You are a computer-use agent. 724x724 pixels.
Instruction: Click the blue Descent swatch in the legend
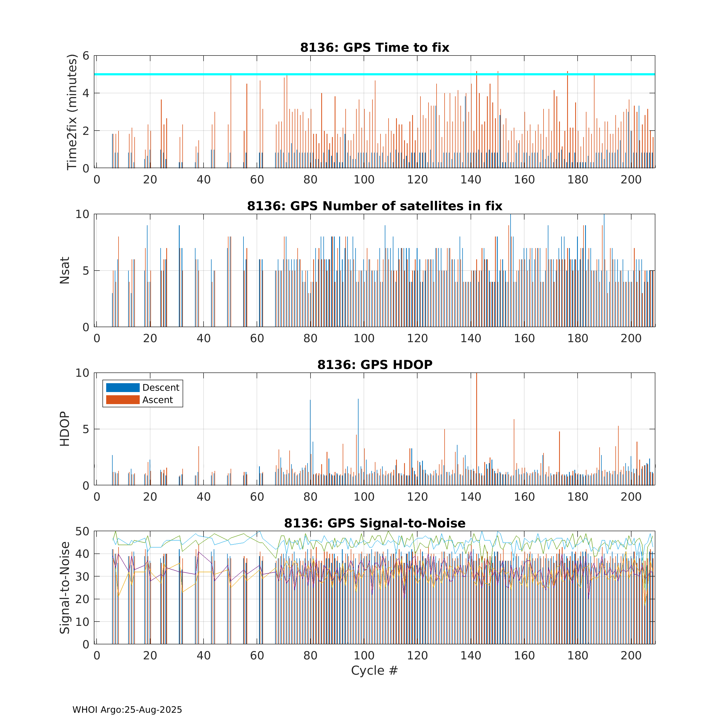(x=123, y=387)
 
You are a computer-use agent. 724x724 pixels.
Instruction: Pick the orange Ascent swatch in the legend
(x=123, y=400)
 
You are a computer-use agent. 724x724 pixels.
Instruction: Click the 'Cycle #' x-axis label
(x=374, y=670)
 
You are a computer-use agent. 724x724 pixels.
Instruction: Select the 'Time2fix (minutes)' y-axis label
(x=72, y=112)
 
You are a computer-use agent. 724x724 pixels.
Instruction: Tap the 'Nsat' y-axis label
(x=65, y=270)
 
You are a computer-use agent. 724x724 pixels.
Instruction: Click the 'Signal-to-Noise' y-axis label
(x=65, y=588)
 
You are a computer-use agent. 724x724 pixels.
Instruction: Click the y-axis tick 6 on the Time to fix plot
(x=86, y=56)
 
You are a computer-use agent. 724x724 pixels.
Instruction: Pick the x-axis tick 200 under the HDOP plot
(x=631, y=497)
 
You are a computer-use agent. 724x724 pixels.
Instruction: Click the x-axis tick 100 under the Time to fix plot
(x=364, y=180)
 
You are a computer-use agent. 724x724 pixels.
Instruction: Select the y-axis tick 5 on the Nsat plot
(x=86, y=271)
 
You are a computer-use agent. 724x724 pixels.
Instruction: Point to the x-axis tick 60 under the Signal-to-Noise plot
(x=257, y=655)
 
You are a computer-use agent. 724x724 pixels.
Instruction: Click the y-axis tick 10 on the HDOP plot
(x=82, y=373)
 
